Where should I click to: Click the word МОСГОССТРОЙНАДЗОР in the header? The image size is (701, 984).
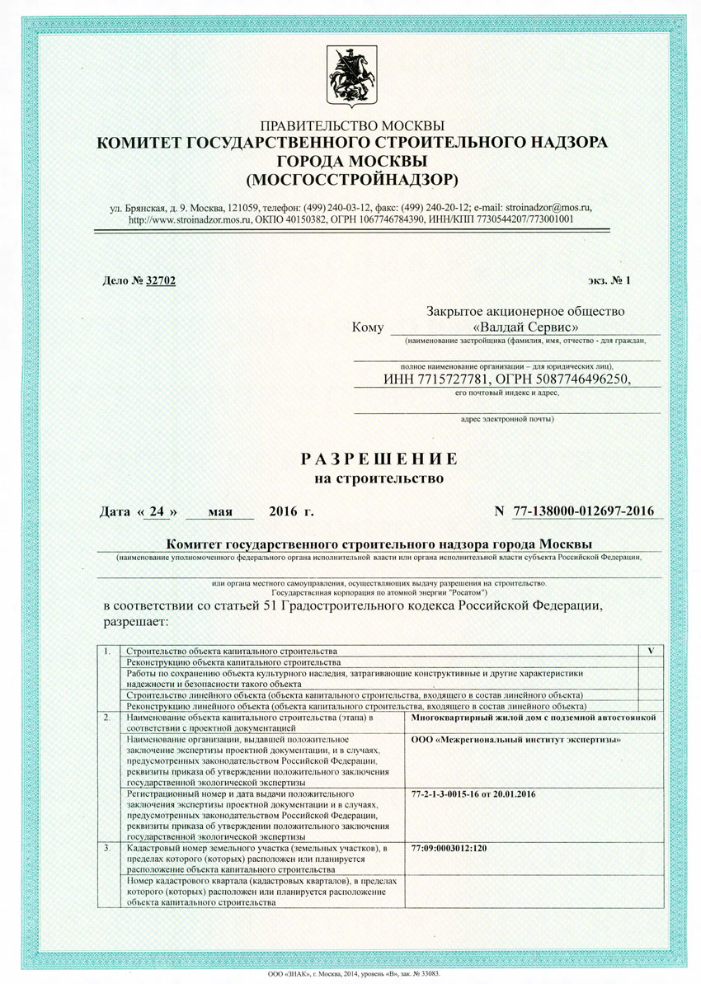tap(351, 178)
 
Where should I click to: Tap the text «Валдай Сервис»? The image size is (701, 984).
tap(525, 327)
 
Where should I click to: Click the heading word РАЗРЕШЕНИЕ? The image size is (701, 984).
tap(379, 459)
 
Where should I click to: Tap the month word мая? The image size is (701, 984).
tap(220, 511)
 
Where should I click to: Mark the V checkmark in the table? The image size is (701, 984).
tap(651, 651)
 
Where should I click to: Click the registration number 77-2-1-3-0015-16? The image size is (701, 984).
tap(448, 793)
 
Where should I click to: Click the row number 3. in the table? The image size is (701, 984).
tap(107, 849)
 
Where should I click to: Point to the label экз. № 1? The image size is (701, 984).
tap(609, 280)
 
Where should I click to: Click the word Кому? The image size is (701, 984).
tap(368, 327)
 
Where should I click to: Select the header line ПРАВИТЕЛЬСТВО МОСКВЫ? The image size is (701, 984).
tap(351, 126)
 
